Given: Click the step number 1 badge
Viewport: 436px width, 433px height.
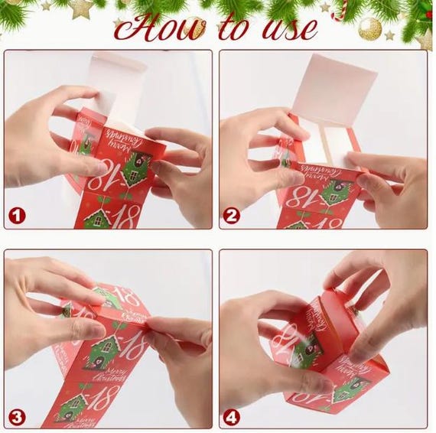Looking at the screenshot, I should pos(17,216).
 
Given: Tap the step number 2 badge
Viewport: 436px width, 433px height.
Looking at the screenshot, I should pos(233,216).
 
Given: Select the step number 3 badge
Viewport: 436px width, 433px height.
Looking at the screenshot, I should pos(17,417).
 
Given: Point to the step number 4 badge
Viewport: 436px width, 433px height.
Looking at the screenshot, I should pos(233,417).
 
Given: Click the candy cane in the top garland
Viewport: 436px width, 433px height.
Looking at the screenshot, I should pos(340,9).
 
